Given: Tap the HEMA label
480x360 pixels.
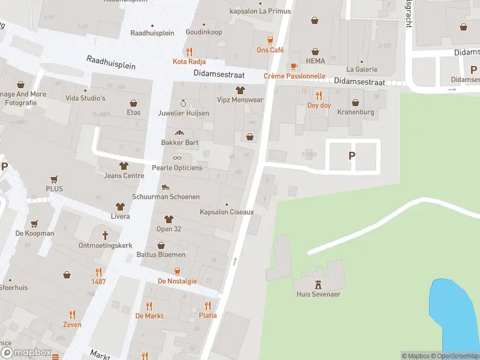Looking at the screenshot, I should click(315, 61).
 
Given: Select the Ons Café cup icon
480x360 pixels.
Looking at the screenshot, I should click(270, 40).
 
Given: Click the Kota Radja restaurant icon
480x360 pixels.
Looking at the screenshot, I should click(189, 52).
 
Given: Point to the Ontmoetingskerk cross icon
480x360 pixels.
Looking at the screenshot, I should click(105, 235).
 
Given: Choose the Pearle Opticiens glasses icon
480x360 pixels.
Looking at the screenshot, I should click(177, 158).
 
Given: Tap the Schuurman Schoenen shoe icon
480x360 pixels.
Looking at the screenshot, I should click(166, 187).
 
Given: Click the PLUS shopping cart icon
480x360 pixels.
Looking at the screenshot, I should click(54, 179).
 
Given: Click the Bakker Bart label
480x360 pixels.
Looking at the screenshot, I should click(179, 143).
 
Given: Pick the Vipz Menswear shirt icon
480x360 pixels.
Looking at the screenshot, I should click(240, 90).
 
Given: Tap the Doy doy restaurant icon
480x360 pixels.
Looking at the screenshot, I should click(319, 95).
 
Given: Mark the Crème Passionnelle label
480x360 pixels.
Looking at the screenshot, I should click(295, 76).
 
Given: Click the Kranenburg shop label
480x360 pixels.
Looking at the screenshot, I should click(355, 112).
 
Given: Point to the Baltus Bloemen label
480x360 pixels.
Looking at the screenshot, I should click(161, 254).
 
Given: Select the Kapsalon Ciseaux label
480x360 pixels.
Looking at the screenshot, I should click(227, 212).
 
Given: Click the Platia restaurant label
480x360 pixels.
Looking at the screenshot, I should click(208, 315).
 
